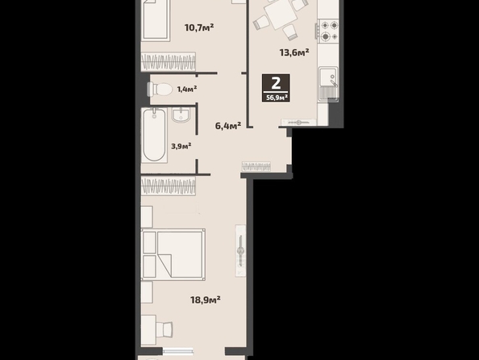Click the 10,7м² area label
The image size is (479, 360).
click(x=199, y=27)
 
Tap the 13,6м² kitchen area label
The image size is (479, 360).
click(x=294, y=52)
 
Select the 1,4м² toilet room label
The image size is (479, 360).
click(x=187, y=89)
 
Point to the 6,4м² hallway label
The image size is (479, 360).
click(x=228, y=125)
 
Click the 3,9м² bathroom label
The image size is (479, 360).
click(x=181, y=146)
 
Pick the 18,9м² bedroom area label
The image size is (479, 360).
click(x=206, y=299)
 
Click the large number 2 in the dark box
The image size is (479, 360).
click(x=276, y=83)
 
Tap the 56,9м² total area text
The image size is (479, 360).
click(x=277, y=98)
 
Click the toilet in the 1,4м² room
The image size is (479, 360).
click(x=160, y=90)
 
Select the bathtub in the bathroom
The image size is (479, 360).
click(x=154, y=135)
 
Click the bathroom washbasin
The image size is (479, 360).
click(x=181, y=115)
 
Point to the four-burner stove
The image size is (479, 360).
click(x=328, y=31)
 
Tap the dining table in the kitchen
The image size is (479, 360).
click(x=281, y=14)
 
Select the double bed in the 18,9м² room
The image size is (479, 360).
click(x=173, y=254)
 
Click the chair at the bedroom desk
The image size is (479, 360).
click(x=165, y=329)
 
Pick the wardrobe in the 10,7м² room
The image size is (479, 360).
click(x=169, y=61)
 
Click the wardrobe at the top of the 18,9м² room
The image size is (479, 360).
click(x=169, y=186)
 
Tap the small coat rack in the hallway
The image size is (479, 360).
click(x=256, y=166)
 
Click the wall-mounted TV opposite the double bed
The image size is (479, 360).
click(x=241, y=251)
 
